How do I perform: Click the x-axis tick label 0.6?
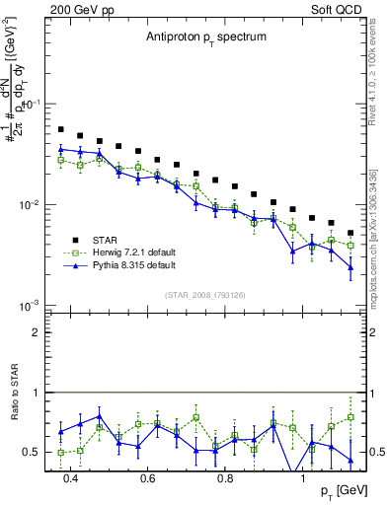coord(148,480)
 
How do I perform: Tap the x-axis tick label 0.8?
coord(225,480)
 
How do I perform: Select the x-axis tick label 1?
coord(302,480)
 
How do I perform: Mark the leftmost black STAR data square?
coord(61,129)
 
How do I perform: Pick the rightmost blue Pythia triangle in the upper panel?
coord(350,267)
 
